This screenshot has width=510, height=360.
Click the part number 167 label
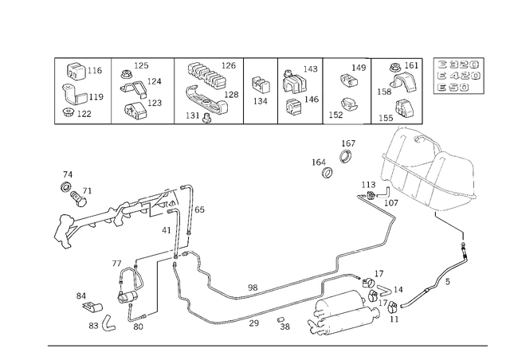pyautogui.click(x=348, y=143)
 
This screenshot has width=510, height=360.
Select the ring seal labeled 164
pyautogui.click(x=327, y=172)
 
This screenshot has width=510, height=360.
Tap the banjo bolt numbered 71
pyautogui.click(x=78, y=198)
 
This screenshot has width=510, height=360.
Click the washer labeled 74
pyautogui.click(x=66, y=187)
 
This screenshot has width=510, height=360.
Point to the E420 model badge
pyautogui.click(x=459, y=76)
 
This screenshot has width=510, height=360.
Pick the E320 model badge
pyautogui.click(x=459, y=65)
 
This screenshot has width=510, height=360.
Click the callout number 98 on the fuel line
pyautogui.click(x=253, y=288)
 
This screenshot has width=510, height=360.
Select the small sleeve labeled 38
pyautogui.click(x=280, y=320)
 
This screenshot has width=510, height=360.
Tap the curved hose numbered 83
pyautogui.click(x=109, y=322)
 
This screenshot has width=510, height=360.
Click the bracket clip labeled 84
pyautogui.click(x=92, y=307)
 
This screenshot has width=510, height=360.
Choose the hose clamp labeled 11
pyautogui.click(x=393, y=307)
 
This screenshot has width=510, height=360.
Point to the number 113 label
pyautogui.click(x=368, y=185)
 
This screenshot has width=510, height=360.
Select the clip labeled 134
pyautogui.click(x=261, y=84)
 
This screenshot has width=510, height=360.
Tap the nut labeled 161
pyautogui.click(x=395, y=68)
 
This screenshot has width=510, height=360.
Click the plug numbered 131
pyautogui.click(x=206, y=118)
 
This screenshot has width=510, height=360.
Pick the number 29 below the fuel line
pyautogui.click(x=253, y=323)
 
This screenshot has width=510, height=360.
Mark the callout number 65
pyautogui.click(x=199, y=209)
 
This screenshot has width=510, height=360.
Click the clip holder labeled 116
pyautogui.click(x=76, y=71)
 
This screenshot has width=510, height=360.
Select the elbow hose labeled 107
pyautogui.click(x=384, y=193)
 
